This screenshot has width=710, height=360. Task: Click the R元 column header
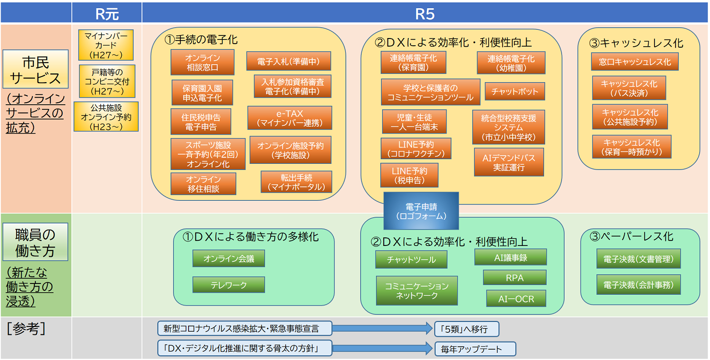(x=107, y=13)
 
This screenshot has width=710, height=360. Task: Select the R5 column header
(x=424, y=13)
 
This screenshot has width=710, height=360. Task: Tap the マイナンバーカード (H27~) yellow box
(x=106, y=45)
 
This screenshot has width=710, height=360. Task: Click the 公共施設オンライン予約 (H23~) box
(x=106, y=117)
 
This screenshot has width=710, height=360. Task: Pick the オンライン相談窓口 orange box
(x=202, y=63)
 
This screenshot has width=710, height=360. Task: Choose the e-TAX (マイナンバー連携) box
(x=290, y=118)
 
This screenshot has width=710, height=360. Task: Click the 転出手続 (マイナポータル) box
(x=296, y=182)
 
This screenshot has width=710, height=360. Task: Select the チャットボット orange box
(x=514, y=92)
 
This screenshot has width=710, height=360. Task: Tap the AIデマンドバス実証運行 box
(x=509, y=162)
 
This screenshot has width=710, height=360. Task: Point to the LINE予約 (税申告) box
(x=409, y=175)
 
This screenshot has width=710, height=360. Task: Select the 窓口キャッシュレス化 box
(x=634, y=62)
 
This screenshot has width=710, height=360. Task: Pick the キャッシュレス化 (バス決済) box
(x=629, y=88)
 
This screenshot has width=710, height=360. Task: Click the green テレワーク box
(x=229, y=285)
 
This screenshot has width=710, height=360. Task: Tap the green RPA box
(x=514, y=278)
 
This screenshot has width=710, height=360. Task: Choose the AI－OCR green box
(x=516, y=299)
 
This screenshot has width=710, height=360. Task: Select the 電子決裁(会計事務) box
(x=638, y=285)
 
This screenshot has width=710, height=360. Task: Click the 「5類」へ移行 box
(x=466, y=329)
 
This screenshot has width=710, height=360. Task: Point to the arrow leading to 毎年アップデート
(x=383, y=349)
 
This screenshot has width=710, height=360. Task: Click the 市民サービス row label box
(x=35, y=71)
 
